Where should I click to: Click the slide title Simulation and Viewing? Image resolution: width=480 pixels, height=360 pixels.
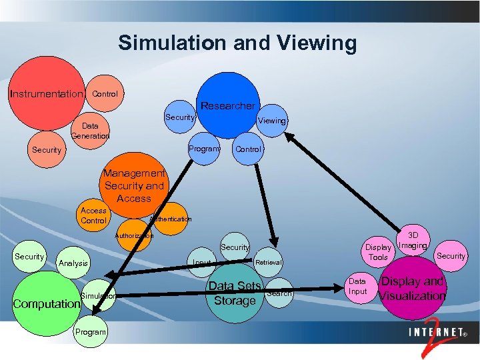[237, 43]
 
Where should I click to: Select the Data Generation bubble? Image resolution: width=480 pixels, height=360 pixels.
[91, 130]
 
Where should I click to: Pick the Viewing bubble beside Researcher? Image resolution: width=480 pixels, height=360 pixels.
[272, 121]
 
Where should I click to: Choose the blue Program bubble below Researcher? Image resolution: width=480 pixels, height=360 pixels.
[203, 148]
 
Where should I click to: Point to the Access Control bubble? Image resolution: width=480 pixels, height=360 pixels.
[93, 215]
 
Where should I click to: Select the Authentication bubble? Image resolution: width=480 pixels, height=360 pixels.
[171, 219]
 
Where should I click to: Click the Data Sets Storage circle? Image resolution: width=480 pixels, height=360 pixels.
[235, 293]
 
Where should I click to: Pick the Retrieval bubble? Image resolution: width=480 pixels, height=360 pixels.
[269, 262]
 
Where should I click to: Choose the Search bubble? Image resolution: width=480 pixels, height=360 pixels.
[279, 293]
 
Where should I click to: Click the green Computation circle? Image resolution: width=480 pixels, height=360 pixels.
[45, 304]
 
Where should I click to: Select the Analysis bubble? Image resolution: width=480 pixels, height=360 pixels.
[73, 263]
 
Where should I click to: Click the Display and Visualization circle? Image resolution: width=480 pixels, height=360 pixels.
[412, 289]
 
